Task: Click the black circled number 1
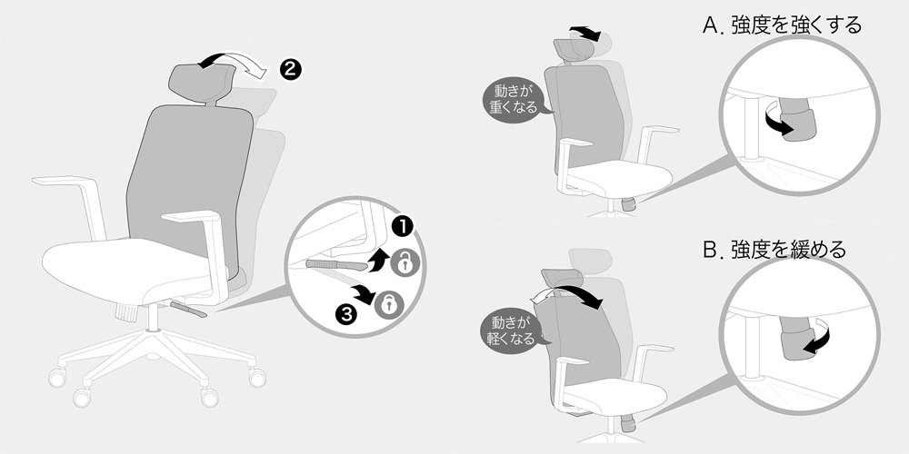tap(403, 227)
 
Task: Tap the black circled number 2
tap(291, 70)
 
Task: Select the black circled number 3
tap(346, 314)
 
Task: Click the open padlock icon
tap(405, 262)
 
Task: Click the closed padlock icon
tap(389, 304)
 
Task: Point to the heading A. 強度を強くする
tap(782, 25)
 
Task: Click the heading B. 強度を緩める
tap(774, 250)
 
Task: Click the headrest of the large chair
tap(201, 85)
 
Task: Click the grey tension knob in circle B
tap(796, 338)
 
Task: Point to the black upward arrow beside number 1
tap(377, 260)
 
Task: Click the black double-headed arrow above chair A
tap(584, 33)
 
